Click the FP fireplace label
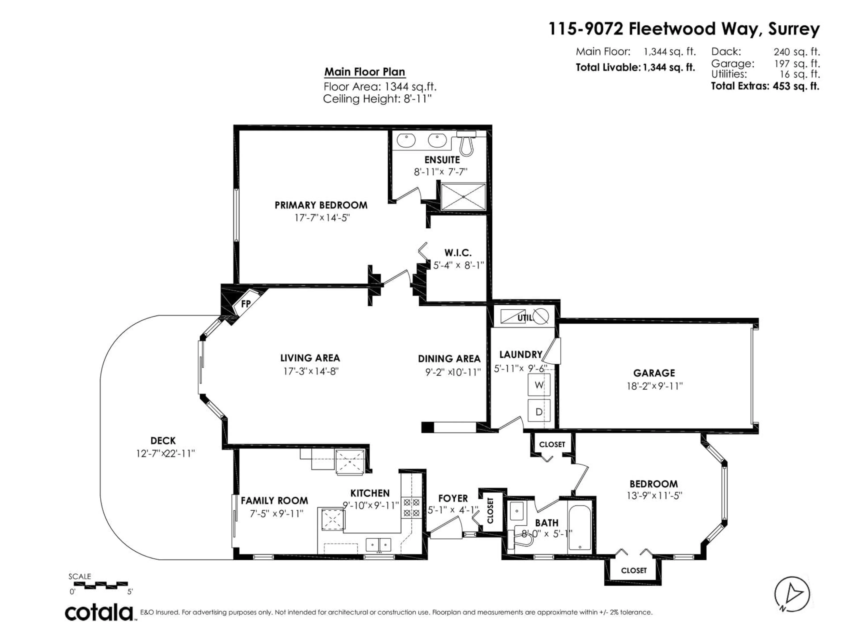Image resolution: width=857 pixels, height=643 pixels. [246, 304]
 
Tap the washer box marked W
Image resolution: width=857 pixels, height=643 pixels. [539, 385]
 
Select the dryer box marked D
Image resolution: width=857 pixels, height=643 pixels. [539, 412]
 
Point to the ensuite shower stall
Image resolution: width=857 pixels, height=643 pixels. [463, 197]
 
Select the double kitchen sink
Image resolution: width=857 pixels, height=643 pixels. [379, 545]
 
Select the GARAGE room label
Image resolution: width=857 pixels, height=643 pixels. [654, 373]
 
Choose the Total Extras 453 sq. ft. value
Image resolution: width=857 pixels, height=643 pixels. [796, 86]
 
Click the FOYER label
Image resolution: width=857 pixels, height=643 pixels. [453, 498]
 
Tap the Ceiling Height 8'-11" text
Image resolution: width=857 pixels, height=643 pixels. [377, 99]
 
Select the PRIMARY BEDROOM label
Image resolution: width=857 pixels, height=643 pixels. [321, 205]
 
